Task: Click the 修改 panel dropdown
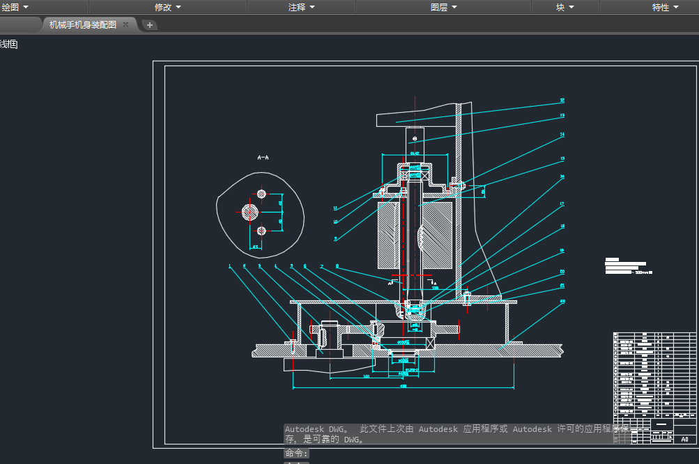(167, 7)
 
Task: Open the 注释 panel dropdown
(302, 7)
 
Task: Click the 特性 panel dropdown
(665, 7)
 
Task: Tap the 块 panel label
(564, 7)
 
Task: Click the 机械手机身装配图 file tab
(82, 24)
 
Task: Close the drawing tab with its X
(125, 24)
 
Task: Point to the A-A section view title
(263, 158)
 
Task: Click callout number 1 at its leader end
(229, 265)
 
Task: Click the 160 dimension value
(367, 376)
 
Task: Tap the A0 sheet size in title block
(684, 440)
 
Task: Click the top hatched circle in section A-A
(261, 193)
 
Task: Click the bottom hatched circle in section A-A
(261, 231)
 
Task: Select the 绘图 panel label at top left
(15, 7)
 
